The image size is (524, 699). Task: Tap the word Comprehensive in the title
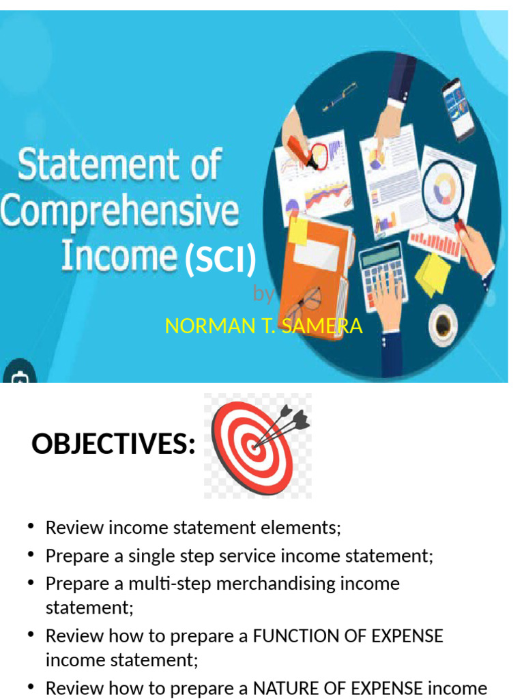pyautogui.click(x=120, y=212)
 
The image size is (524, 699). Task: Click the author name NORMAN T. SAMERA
pyautogui.click(x=263, y=326)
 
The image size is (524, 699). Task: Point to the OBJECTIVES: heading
pyautogui.click(x=113, y=445)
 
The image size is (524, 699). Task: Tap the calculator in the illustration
pyautogui.click(x=383, y=273)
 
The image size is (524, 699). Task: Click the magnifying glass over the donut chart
pyautogui.click(x=443, y=188)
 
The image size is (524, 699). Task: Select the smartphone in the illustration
pyautogui.click(x=456, y=109)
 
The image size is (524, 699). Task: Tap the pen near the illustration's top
pyautogui.click(x=340, y=96)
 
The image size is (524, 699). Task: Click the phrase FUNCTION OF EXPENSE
pyautogui.click(x=348, y=636)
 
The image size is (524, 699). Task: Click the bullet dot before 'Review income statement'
pyautogui.click(x=31, y=526)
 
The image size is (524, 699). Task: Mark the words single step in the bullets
pyautogui.click(x=161, y=556)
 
